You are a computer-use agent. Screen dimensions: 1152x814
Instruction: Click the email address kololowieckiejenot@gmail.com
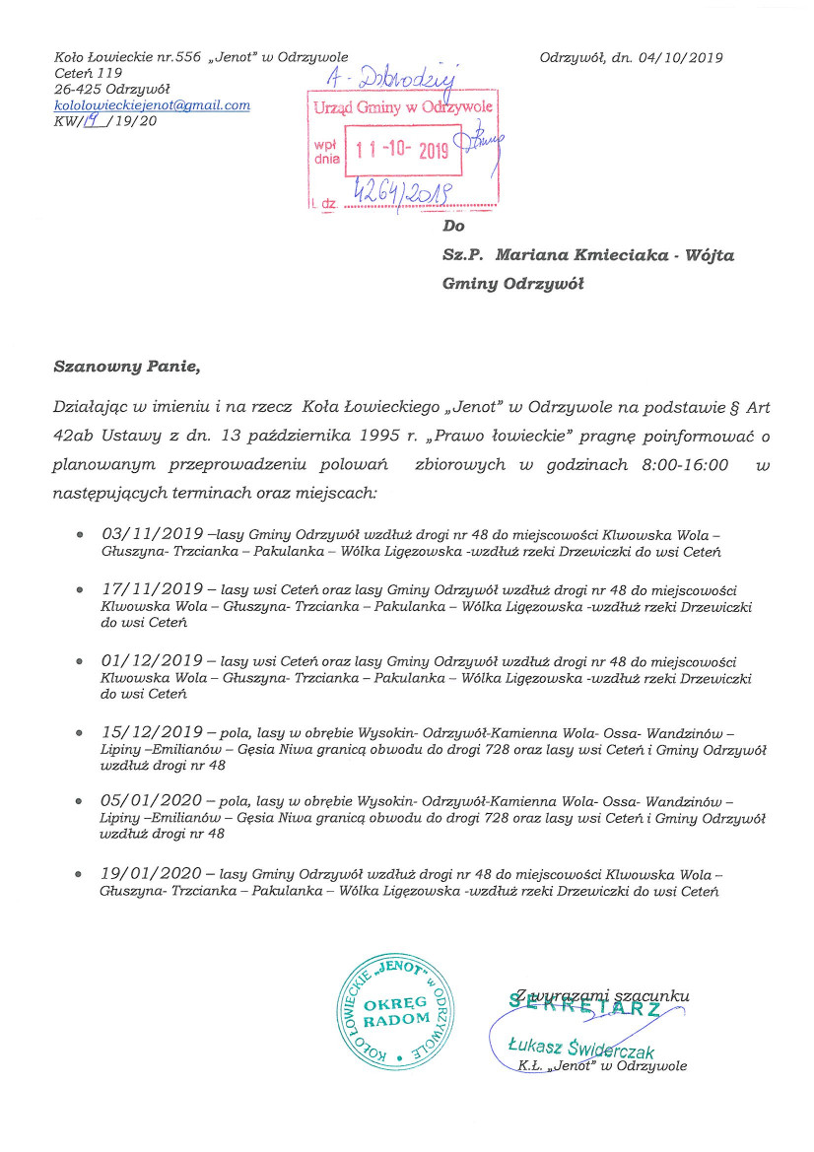coord(152,104)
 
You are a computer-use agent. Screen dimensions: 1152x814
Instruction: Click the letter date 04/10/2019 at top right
coord(680,57)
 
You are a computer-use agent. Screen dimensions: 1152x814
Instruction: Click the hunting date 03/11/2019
coord(153,533)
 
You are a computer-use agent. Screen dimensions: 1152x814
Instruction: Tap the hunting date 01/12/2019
coord(153,660)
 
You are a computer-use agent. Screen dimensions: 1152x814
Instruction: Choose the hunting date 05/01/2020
coord(153,802)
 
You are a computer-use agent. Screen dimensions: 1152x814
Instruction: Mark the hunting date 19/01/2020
coord(153,873)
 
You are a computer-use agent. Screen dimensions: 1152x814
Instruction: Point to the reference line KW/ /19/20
coord(104,121)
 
